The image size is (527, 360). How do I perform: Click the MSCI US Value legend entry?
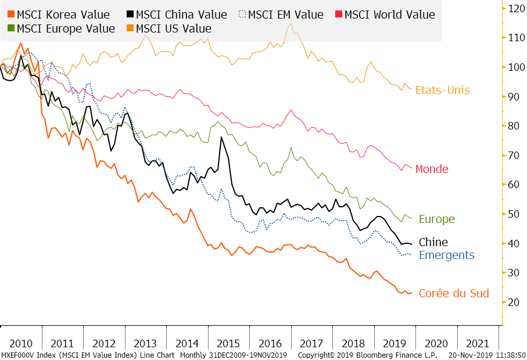(168, 28)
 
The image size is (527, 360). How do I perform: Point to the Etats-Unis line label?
(442, 90)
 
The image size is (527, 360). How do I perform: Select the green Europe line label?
(436, 219)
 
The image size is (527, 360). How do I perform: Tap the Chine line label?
(433, 242)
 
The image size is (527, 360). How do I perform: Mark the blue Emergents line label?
(446, 255)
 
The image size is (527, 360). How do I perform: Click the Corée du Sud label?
(454, 293)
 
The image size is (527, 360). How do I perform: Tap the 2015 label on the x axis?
(229, 343)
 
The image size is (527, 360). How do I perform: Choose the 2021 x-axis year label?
(478, 343)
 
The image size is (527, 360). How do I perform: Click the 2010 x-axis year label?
(20, 343)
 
